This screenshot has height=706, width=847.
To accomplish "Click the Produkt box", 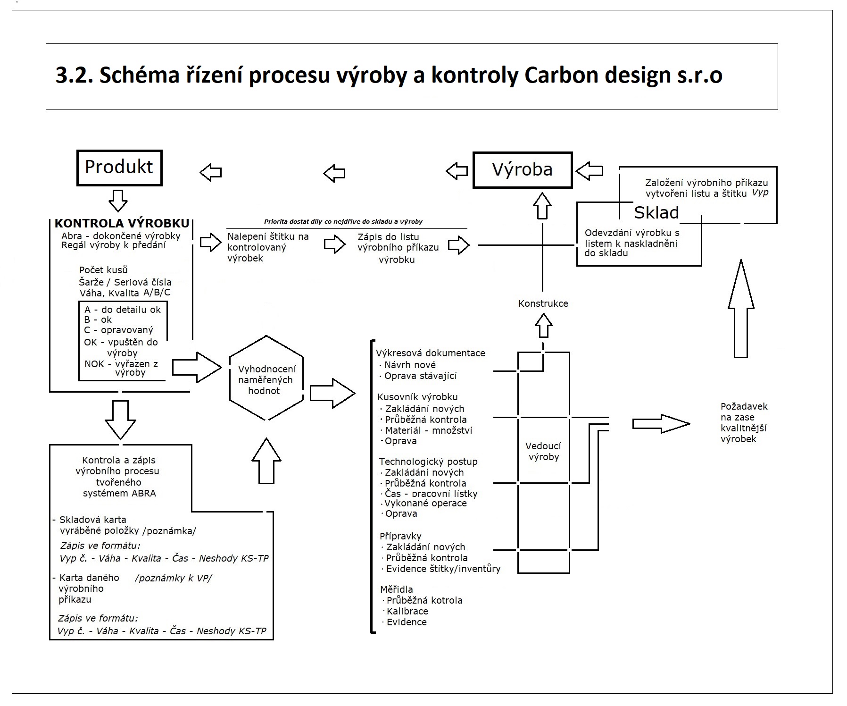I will [x=119, y=168].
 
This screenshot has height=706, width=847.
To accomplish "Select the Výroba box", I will [x=522, y=170].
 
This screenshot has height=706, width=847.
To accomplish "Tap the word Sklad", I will [x=656, y=213].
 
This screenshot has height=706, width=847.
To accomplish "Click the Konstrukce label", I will [x=543, y=304].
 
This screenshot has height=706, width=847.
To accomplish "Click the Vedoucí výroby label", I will [x=543, y=452].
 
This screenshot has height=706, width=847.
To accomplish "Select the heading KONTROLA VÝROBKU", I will [x=122, y=224].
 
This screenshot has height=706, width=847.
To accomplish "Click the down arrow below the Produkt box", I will [x=118, y=201].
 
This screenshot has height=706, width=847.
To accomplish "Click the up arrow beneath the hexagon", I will [x=266, y=461].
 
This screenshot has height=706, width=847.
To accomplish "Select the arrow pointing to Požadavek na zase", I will [x=660, y=424].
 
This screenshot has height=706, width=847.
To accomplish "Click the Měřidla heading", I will [x=396, y=589].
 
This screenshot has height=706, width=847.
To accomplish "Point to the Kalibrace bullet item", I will [x=407, y=611].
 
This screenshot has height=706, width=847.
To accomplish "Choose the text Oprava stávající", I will [x=420, y=376].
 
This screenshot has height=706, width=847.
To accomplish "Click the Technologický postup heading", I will [x=428, y=462].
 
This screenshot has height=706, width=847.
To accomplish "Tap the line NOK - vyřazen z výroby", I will [x=122, y=368].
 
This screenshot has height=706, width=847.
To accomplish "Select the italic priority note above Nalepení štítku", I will [x=343, y=221].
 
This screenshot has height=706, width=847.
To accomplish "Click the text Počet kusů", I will [x=103, y=270].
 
